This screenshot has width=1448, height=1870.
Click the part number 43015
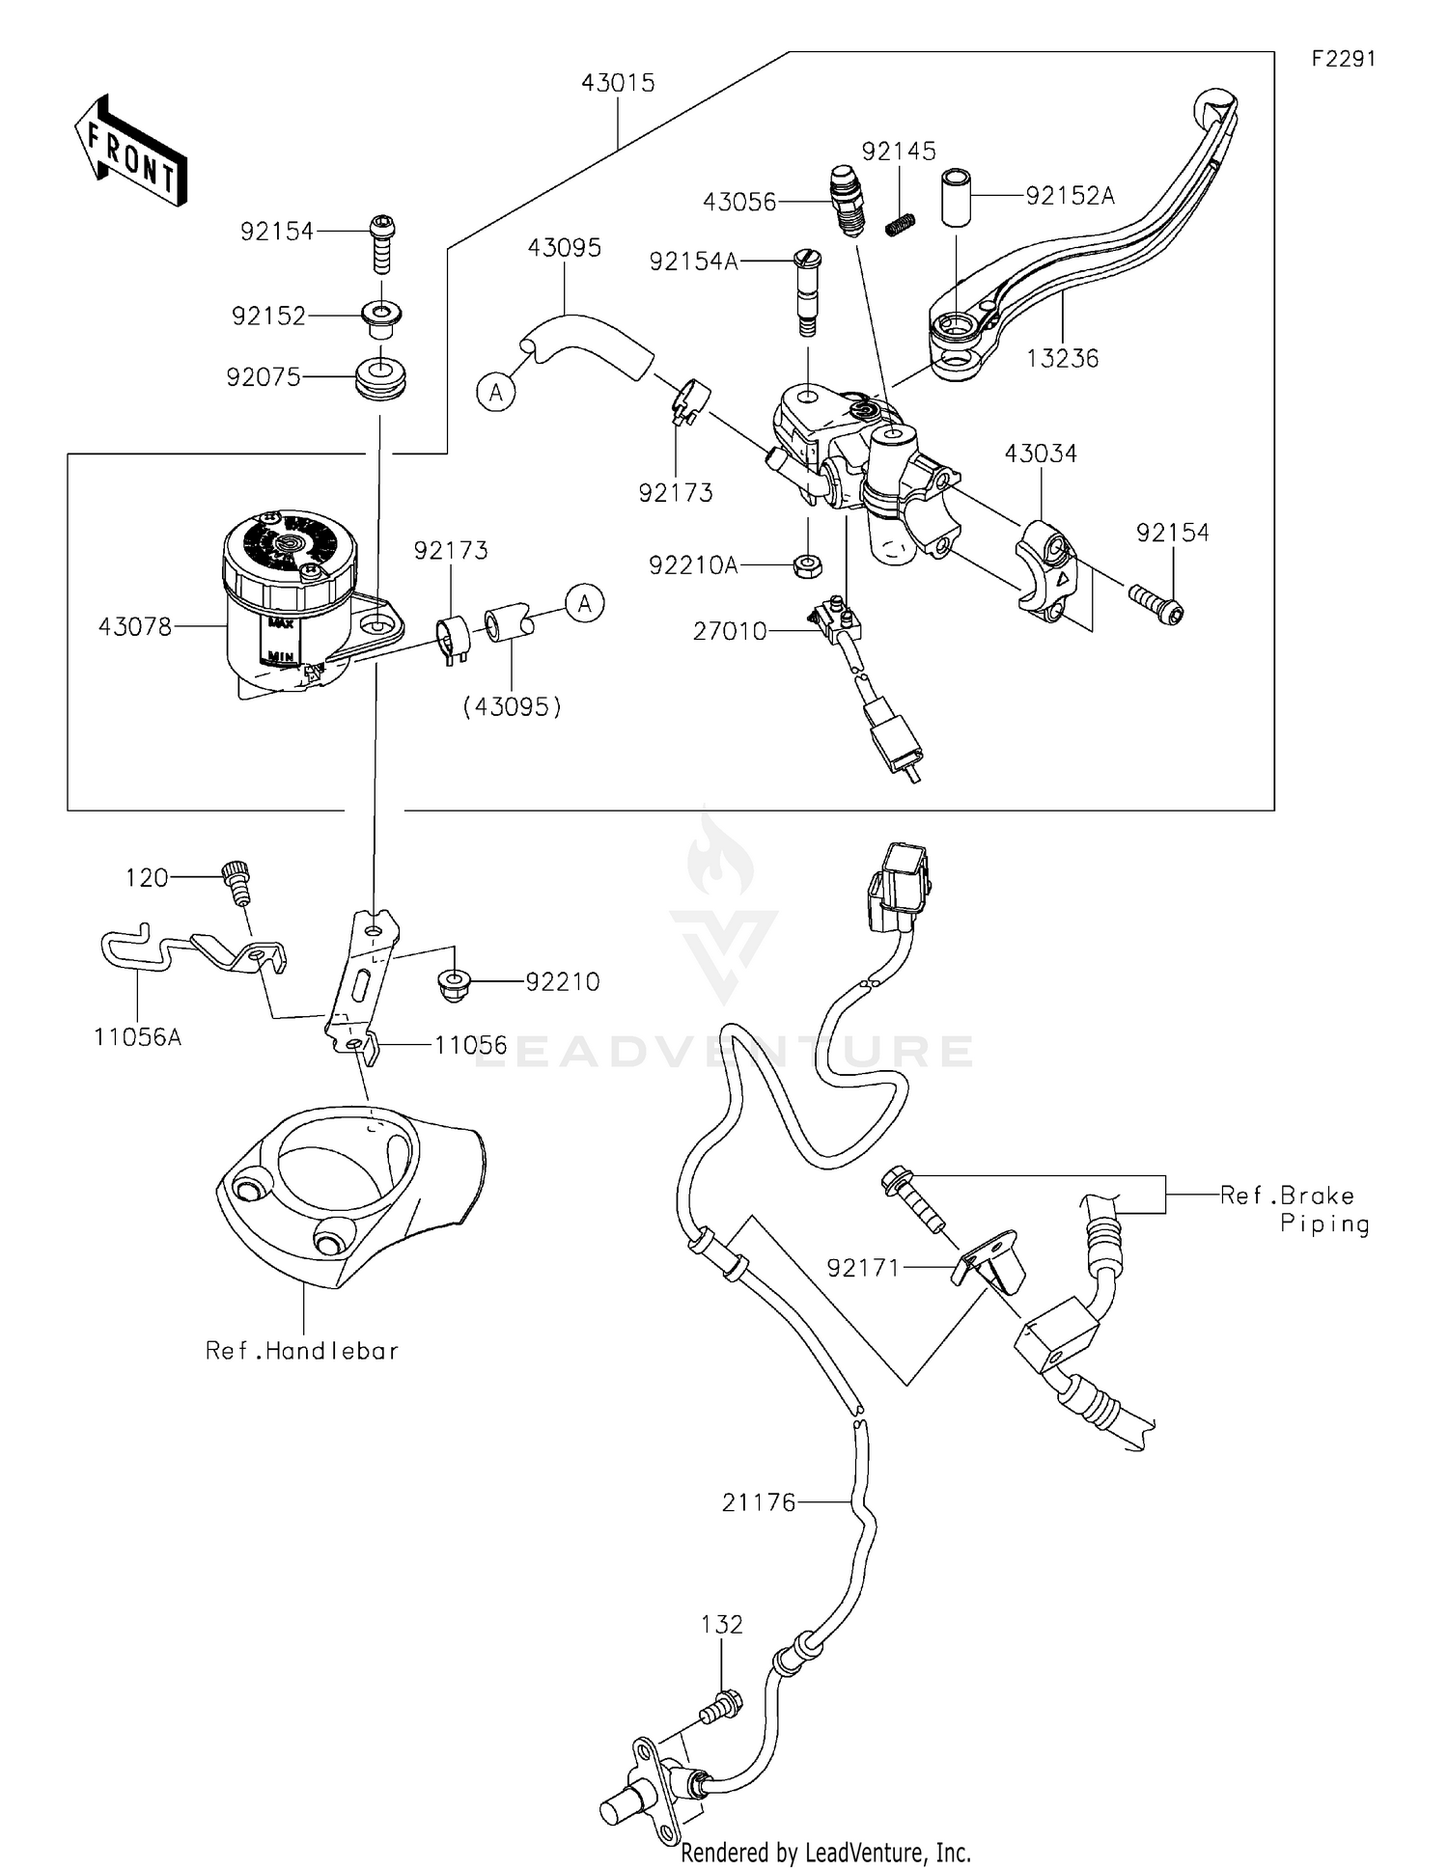click(618, 83)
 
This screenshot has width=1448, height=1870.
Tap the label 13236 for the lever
click(1062, 358)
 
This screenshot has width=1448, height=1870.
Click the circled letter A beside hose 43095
click(496, 392)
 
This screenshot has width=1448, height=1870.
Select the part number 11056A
click(137, 1037)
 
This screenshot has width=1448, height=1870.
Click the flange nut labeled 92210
click(450, 983)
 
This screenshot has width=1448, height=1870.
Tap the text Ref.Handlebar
click(302, 1350)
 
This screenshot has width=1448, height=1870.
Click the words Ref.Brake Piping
click(1295, 1209)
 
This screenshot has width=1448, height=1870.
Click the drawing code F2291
click(1343, 59)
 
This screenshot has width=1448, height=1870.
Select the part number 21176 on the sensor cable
click(759, 1501)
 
